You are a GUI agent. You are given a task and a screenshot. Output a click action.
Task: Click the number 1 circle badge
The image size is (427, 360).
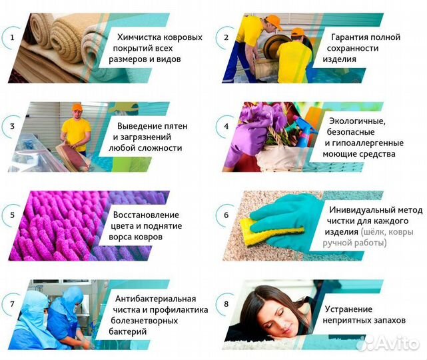click(x=11, y=37)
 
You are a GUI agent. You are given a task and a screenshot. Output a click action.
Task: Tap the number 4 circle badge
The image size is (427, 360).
click(x=226, y=125)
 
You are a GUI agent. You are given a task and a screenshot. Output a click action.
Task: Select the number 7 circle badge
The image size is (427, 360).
click(x=11, y=304)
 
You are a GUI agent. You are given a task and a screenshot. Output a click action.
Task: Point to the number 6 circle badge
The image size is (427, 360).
click(x=226, y=215)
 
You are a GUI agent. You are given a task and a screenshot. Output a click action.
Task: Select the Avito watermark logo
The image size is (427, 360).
click(x=390, y=341)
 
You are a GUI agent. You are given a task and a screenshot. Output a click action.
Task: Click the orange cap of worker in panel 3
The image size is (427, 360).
click(x=77, y=107)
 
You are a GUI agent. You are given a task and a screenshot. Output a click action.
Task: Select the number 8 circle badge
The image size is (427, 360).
click(x=226, y=304)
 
